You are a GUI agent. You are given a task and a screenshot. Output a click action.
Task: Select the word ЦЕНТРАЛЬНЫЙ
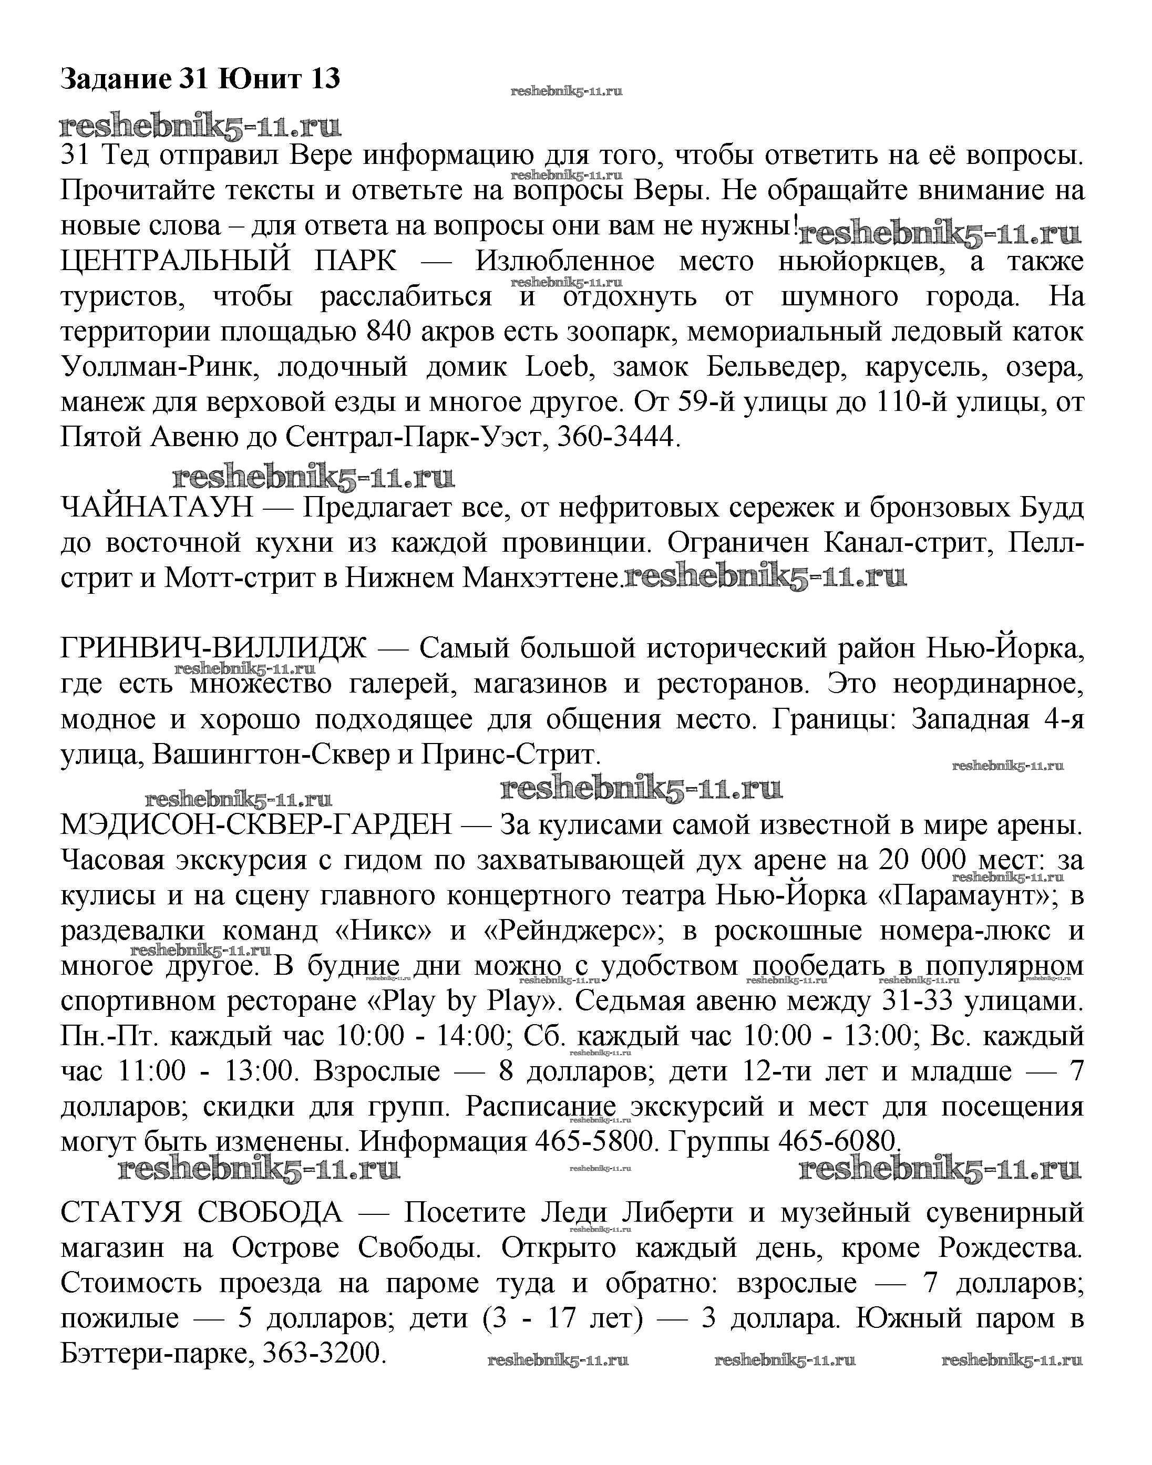click(x=176, y=261)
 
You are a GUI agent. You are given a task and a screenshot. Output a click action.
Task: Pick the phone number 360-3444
click(x=616, y=438)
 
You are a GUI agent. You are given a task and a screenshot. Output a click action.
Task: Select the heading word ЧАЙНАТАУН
click(x=157, y=507)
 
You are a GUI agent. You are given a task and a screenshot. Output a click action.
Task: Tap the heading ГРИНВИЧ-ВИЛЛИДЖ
click(x=214, y=648)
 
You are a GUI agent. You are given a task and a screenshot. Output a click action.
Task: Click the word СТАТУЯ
click(x=121, y=1213)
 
